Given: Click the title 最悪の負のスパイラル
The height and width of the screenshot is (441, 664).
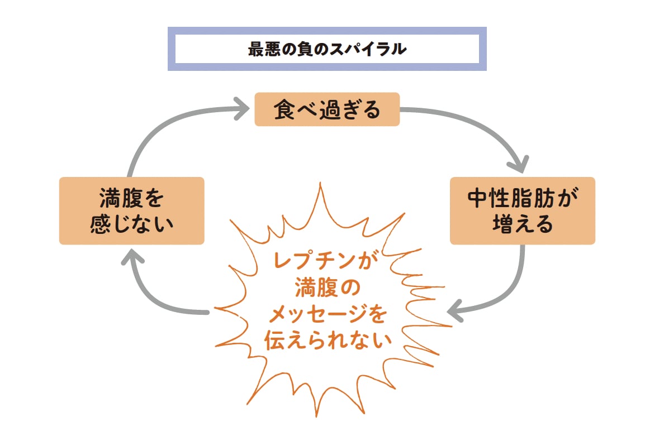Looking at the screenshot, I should (327, 49).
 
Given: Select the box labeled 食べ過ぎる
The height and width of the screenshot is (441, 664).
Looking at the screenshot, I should (327, 109).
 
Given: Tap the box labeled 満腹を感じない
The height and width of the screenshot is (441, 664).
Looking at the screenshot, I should (131, 211).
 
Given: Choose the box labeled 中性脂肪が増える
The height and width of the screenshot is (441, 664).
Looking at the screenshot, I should (523, 211).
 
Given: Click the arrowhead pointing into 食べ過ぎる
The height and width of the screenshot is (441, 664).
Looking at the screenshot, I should (241, 107).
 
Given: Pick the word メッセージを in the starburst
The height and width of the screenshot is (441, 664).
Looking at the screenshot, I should (328, 315).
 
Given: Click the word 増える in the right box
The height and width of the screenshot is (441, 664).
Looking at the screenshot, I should (523, 224).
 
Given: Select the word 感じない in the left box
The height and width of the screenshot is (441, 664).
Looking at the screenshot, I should (131, 224).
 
